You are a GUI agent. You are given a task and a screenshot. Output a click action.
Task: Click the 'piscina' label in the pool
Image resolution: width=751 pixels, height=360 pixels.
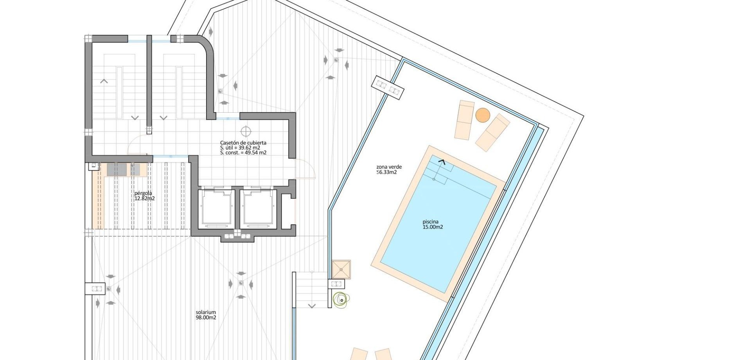click(x=430, y=221)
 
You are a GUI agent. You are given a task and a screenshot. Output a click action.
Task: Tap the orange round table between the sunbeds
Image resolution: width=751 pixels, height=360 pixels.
click(x=483, y=115)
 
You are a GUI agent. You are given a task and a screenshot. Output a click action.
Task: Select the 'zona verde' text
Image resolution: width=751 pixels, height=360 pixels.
click(x=389, y=167)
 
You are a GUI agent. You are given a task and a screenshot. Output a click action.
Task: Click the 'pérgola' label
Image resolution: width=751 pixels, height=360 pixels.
click(x=143, y=193)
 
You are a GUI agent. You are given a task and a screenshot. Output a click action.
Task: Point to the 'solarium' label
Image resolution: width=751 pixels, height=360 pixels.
click(x=206, y=312)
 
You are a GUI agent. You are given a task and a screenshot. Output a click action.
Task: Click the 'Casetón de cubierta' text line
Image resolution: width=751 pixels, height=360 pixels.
click(x=243, y=143)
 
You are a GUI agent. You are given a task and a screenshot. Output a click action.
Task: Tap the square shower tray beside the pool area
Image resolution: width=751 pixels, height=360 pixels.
click(x=341, y=269)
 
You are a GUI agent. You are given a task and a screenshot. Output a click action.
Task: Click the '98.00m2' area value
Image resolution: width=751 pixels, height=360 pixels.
click(x=206, y=318)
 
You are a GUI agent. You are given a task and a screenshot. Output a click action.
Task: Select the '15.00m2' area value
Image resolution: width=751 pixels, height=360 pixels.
click(x=433, y=227)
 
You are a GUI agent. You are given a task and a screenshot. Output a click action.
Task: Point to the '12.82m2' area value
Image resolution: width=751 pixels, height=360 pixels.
click(x=144, y=198)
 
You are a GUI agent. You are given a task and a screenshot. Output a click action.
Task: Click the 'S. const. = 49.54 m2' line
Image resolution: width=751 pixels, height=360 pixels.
click(x=243, y=153)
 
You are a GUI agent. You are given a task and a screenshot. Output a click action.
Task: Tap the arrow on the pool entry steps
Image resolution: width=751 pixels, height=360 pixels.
click(x=442, y=162)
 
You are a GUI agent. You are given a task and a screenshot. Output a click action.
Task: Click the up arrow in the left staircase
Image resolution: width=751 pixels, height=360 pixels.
click(x=104, y=81)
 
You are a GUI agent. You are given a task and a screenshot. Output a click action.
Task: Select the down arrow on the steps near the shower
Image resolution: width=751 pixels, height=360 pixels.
click(x=312, y=306)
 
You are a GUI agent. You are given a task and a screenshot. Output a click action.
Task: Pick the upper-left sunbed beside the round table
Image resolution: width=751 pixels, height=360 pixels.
click(x=464, y=120)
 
